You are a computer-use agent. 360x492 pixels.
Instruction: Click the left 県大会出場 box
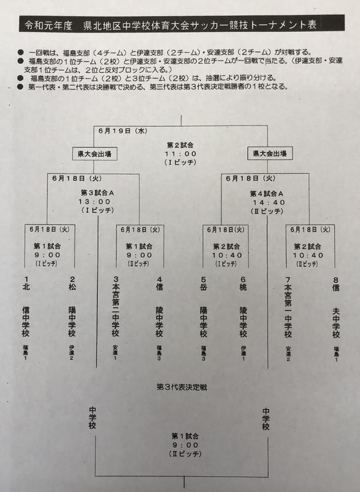point(95,154)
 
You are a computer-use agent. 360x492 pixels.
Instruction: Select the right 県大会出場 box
point(270,153)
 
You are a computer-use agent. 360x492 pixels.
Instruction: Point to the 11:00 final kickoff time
point(181,154)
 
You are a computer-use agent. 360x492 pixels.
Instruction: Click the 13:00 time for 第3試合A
point(95,202)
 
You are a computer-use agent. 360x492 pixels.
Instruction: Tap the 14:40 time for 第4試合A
point(269,202)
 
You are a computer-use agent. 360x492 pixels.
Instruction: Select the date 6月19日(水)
point(123,131)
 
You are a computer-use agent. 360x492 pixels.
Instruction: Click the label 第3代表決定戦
point(182,387)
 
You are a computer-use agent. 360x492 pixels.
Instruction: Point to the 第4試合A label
point(267,194)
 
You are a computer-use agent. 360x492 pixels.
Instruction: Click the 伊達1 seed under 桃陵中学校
point(243,353)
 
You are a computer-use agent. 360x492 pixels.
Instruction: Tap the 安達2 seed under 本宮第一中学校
point(288,354)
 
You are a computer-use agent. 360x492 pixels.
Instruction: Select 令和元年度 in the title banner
point(49,25)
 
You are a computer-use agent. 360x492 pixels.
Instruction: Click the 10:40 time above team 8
point(309,255)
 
